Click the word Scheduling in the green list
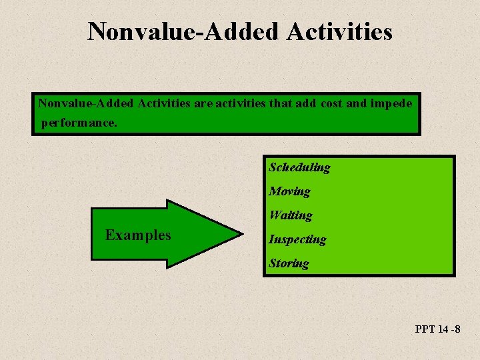point(299,167)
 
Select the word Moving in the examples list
point(289,191)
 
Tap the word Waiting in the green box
point(290,215)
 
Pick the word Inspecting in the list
point(297,239)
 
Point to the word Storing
point(289,263)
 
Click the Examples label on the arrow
point(138,235)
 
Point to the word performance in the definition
point(78,123)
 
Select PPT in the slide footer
point(425,329)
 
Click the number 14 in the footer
point(443,329)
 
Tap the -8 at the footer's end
point(457,329)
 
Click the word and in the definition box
point(361,103)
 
